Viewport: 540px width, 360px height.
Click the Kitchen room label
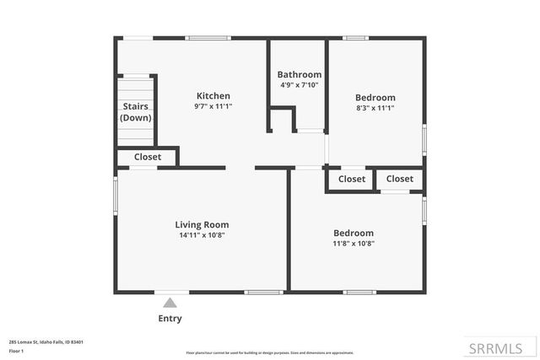(213, 96)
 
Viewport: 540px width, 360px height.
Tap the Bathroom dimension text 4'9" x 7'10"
(300, 85)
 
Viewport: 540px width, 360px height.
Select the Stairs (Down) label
(136, 112)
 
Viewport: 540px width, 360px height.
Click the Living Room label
(202, 224)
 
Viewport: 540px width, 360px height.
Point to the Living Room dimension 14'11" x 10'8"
(202, 235)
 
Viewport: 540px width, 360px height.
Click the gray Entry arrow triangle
(170, 302)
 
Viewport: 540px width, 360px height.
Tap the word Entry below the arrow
(170, 319)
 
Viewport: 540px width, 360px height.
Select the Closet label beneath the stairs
(148, 157)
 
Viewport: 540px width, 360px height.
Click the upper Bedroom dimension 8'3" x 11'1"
(375, 108)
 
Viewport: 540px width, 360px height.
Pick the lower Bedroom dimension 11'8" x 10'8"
(354, 244)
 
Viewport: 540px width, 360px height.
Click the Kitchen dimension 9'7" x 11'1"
(213, 106)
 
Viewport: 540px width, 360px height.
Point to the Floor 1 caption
(16, 350)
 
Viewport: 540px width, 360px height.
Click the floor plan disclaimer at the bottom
(270, 352)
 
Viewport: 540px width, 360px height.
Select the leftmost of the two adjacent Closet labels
(352, 179)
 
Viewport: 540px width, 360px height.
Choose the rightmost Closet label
(400, 179)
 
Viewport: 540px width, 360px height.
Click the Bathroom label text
(300, 74)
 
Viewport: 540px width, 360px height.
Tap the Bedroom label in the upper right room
(375, 98)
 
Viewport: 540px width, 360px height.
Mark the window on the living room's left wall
(116, 196)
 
